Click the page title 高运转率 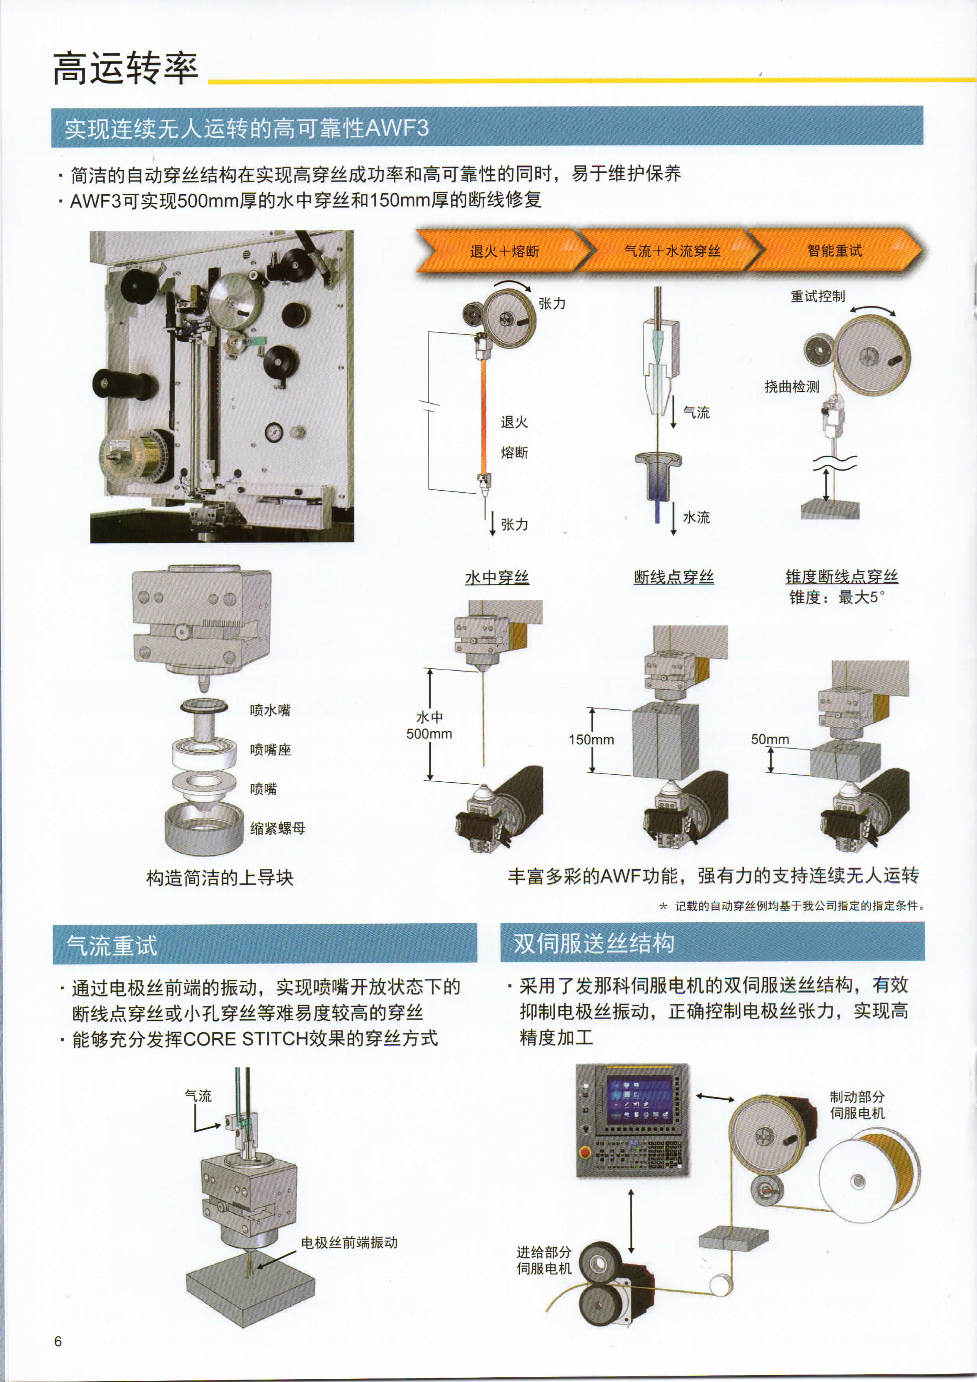[x=125, y=68]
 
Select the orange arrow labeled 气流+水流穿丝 [x=671, y=250]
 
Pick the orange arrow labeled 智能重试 [x=835, y=250]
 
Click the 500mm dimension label [x=429, y=734]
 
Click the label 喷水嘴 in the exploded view [x=270, y=710]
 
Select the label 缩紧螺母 [x=278, y=828]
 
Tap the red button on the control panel [x=584, y=1152]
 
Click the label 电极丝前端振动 [x=349, y=1242]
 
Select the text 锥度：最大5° [x=837, y=598]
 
